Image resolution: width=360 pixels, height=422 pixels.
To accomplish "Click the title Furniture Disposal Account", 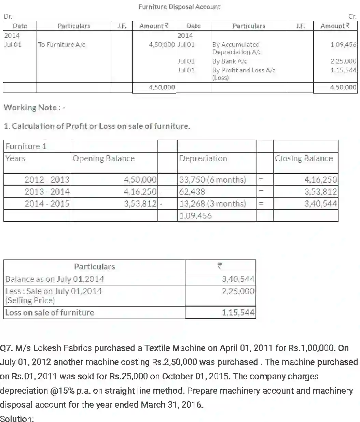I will click(x=179, y=7).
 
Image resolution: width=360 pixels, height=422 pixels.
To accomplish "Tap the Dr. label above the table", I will click(x=8, y=16).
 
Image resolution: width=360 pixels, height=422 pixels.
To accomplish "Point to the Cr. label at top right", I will click(x=352, y=16).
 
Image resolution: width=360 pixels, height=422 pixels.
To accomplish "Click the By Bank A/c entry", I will click(x=229, y=61).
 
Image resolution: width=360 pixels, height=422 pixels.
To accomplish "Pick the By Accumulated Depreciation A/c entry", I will click(x=236, y=48).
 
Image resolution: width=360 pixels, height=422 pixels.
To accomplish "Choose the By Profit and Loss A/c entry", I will click(x=243, y=73).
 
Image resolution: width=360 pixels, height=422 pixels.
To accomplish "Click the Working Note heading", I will click(x=34, y=108).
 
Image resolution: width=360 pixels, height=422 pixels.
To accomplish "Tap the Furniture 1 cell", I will click(x=26, y=146).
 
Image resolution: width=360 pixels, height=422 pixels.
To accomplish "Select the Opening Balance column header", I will click(x=103, y=158).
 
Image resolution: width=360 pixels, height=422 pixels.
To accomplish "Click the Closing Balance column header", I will click(x=304, y=158).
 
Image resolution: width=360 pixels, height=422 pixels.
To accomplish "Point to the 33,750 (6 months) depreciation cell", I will click(x=212, y=180).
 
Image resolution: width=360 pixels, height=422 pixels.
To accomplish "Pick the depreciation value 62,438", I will click(x=192, y=192).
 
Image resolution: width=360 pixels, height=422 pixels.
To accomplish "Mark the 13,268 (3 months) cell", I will click(x=212, y=204).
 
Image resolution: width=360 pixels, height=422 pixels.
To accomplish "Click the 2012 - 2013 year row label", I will click(x=47, y=180).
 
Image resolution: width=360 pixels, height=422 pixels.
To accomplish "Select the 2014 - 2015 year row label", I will click(x=47, y=204).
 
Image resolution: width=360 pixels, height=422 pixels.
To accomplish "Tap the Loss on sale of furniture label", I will click(x=50, y=312).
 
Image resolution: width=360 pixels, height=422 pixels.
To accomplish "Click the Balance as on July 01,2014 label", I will click(x=55, y=279).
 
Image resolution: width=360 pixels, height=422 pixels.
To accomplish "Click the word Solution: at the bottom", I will click(x=17, y=418).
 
